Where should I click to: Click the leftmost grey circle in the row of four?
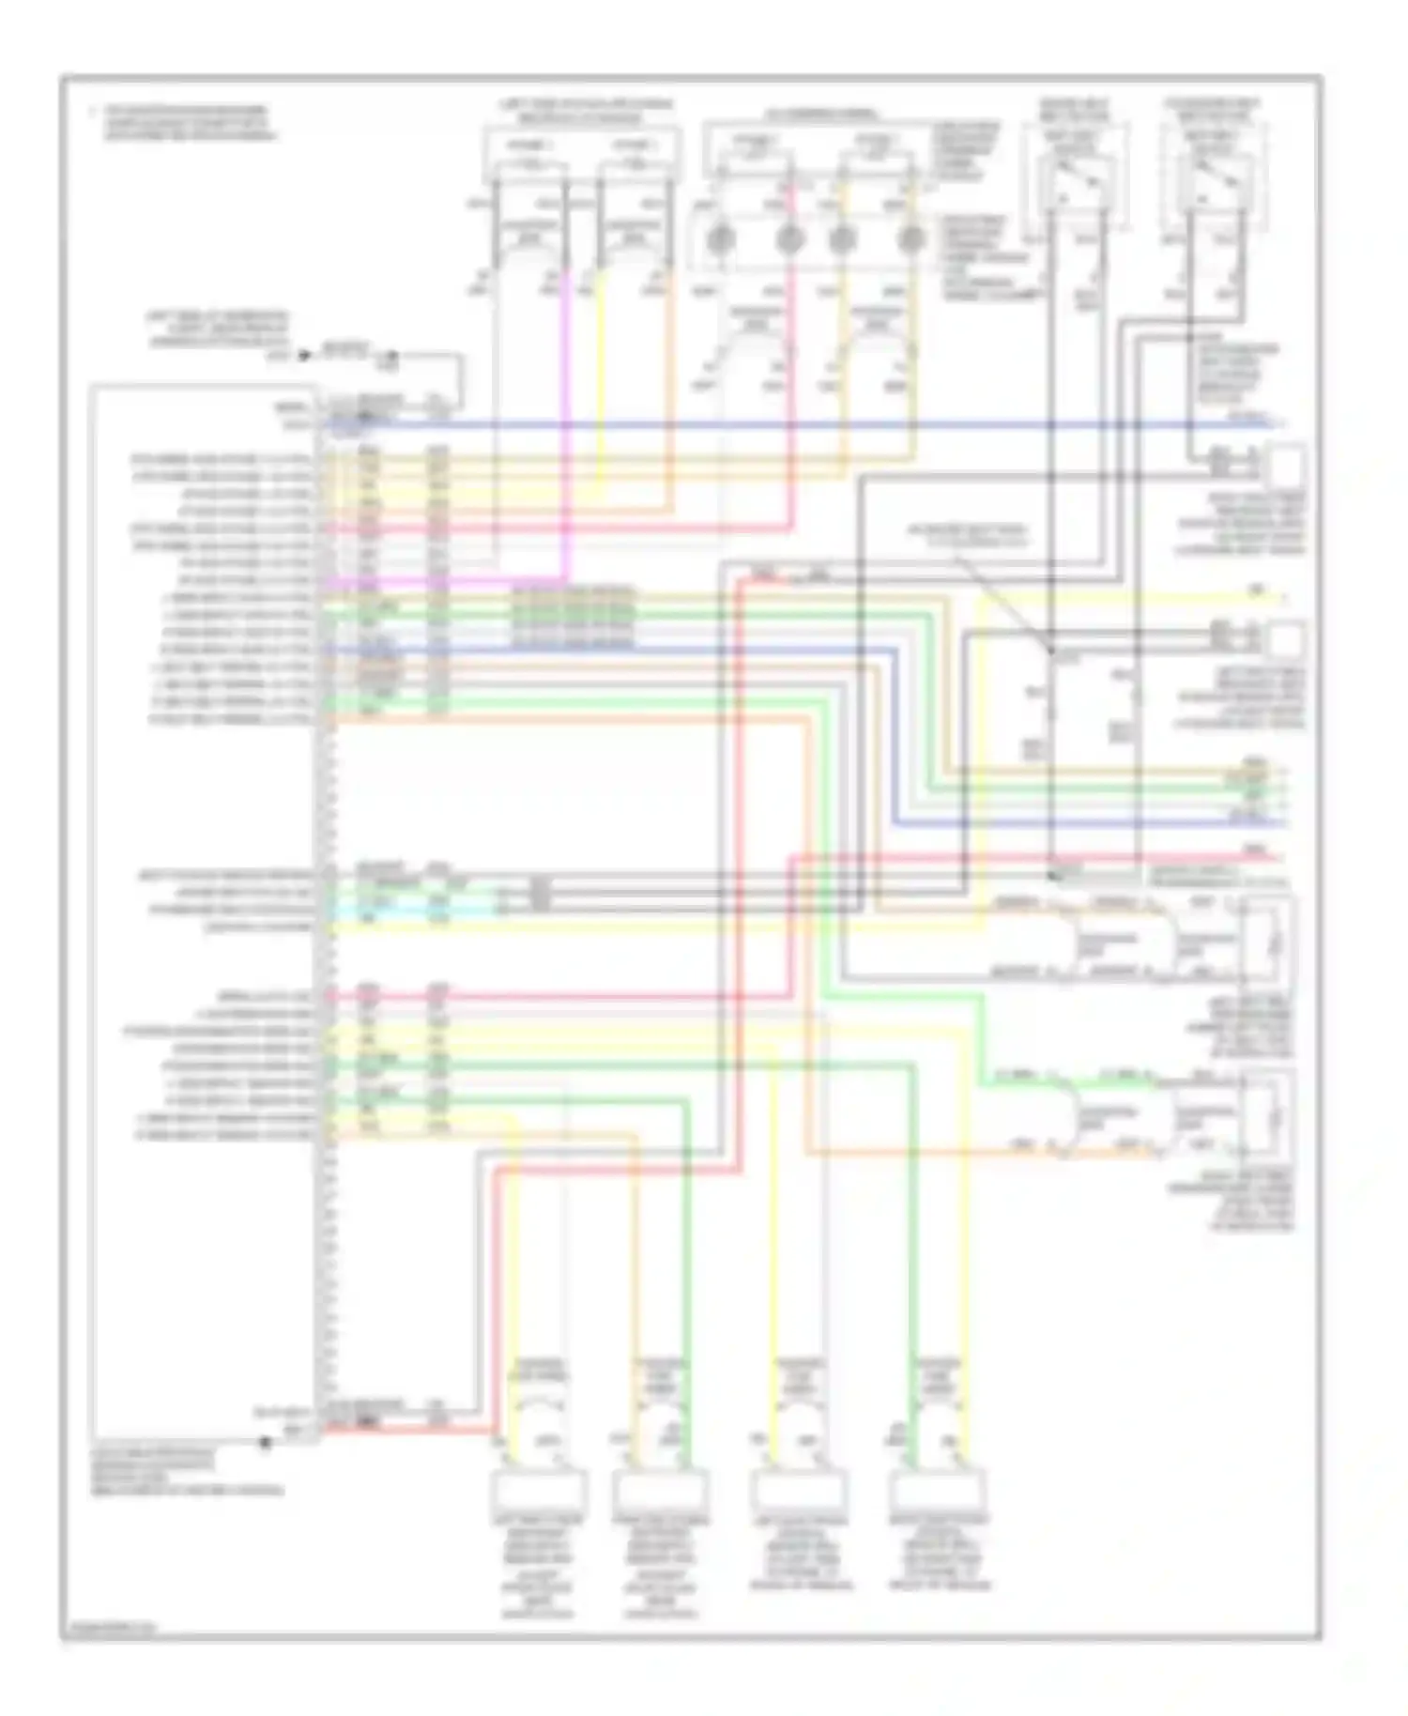(x=720, y=239)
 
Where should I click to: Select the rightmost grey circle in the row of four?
(x=908, y=239)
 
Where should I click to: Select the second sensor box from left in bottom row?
(x=660, y=1490)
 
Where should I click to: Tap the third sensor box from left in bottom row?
(x=799, y=1490)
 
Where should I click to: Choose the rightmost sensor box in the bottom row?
(x=938, y=1490)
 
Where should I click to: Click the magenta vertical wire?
(x=567, y=422)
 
